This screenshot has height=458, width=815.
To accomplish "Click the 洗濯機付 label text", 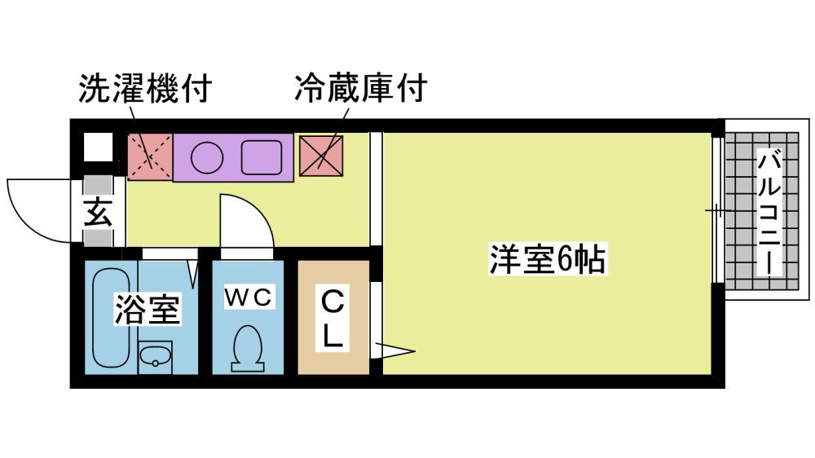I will tap(144, 89).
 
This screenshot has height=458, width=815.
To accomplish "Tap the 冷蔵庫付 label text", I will tap(360, 89).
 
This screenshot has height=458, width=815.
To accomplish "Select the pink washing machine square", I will tap(150, 156).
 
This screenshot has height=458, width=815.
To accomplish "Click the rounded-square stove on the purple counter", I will tap(262, 156).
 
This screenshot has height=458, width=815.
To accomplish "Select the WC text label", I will tap(248, 297).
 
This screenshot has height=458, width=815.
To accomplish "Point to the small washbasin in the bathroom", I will tap(154, 355).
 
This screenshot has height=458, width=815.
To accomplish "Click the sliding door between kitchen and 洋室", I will tap(376, 187).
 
